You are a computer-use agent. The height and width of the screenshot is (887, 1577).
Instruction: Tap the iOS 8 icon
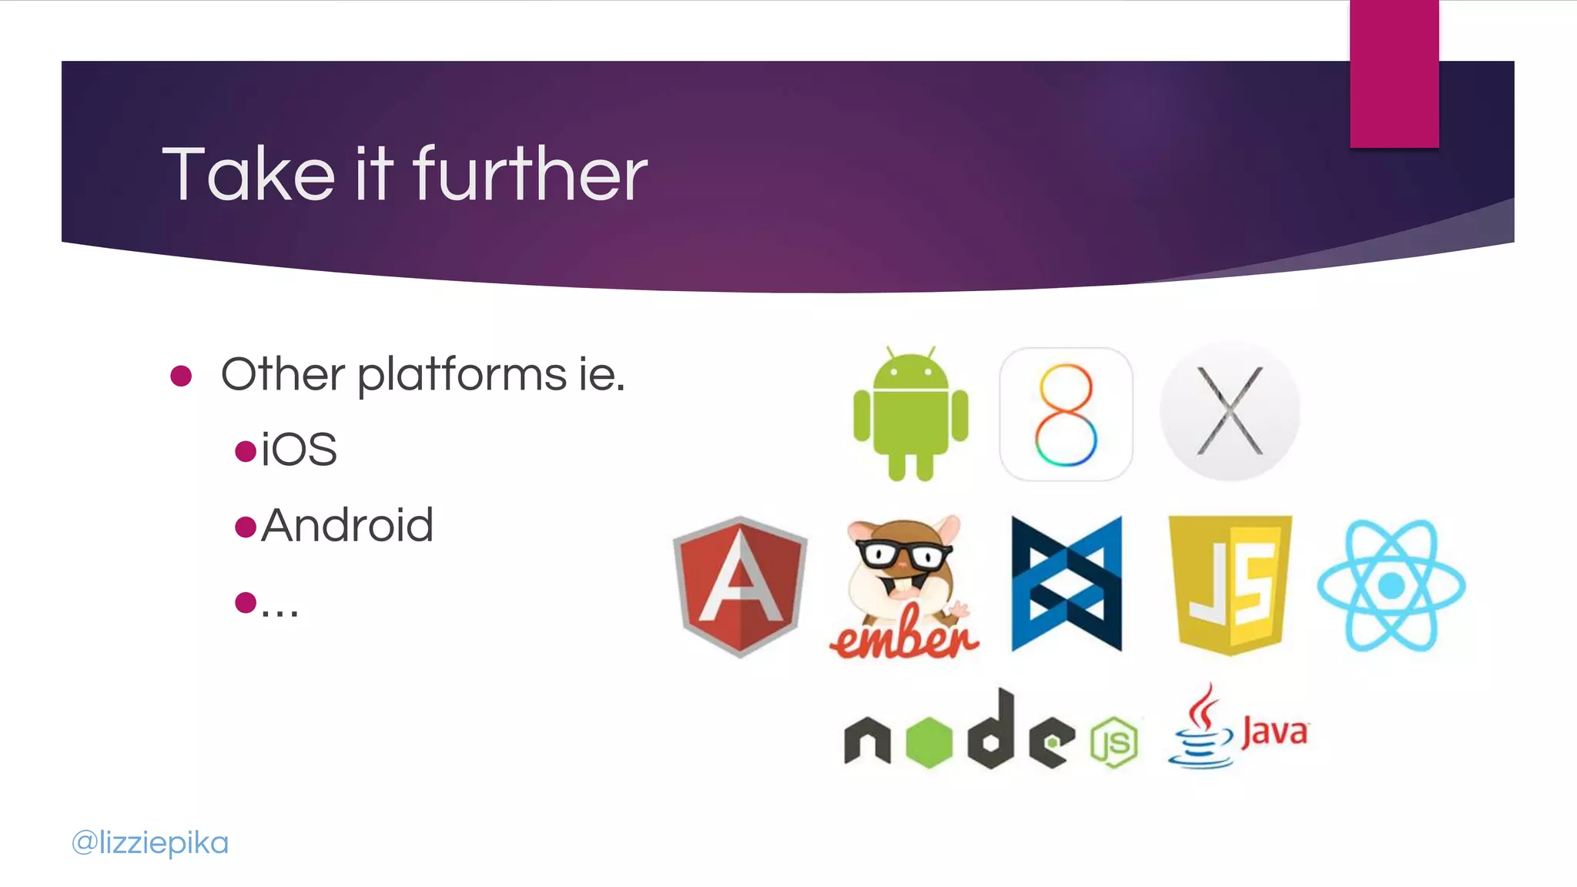coord(1066,413)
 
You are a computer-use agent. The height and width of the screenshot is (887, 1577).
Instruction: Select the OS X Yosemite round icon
coord(1230,412)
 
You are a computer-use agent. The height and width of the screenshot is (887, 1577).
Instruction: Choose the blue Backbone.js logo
coord(1066,584)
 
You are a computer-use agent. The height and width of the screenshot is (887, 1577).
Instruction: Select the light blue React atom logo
coord(1391,585)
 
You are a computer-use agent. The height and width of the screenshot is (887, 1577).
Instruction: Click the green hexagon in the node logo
coord(929,741)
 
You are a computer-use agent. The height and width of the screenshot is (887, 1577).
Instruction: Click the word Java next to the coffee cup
coord(1274,731)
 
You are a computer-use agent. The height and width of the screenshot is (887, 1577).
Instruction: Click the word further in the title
coord(531,175)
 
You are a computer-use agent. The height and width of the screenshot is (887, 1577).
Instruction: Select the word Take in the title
coord(248,175)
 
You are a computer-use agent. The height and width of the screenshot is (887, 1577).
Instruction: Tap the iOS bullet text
coord(299,450)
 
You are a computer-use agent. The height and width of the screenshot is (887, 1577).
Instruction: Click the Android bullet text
coord(347,526)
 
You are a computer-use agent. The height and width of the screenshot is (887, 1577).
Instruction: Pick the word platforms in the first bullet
coord(462,375)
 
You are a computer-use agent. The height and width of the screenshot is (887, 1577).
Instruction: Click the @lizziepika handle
coord(150,842)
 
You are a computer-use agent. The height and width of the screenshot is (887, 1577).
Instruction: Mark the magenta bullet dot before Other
coord(181,376)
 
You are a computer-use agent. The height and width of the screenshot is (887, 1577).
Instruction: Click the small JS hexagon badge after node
coord(1114,742)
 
